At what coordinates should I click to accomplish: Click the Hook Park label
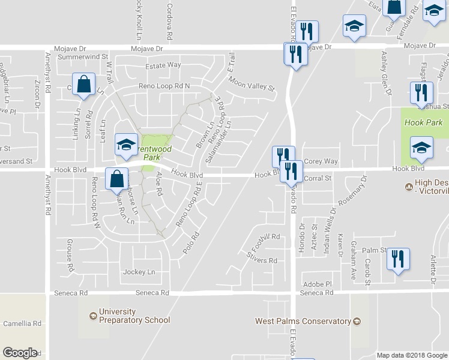[423, 122]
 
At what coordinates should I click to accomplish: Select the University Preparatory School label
[134, 316]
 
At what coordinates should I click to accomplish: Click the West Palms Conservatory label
[303, 321]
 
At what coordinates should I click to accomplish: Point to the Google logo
[20, 353]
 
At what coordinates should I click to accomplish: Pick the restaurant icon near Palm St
[397, 259]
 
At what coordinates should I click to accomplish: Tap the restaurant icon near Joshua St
[421, 93]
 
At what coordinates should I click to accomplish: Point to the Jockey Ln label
[139, 272]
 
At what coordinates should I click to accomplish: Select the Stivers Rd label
[262, 260]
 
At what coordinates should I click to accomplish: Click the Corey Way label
[321, 161]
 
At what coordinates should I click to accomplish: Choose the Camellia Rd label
[22, 323]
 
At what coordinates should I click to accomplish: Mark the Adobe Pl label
[317, 284]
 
